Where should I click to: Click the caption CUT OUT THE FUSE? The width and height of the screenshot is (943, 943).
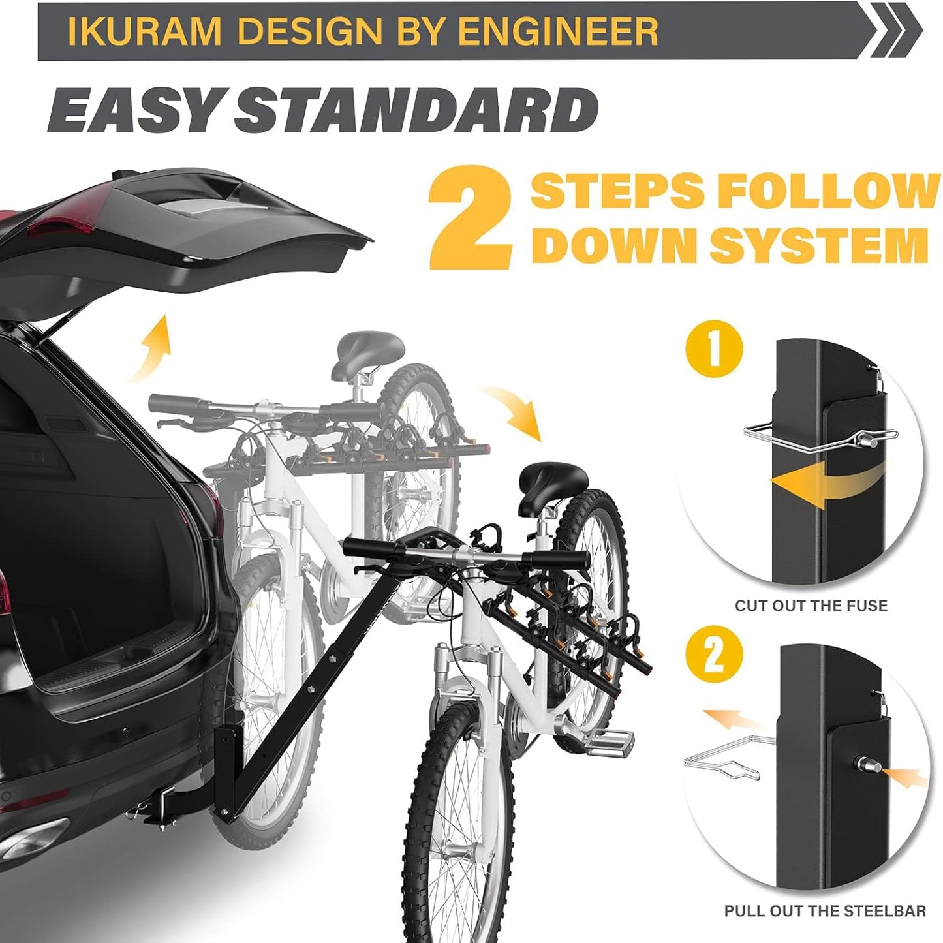point(811,606)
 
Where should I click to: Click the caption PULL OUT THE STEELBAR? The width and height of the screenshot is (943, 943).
point(825,911)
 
